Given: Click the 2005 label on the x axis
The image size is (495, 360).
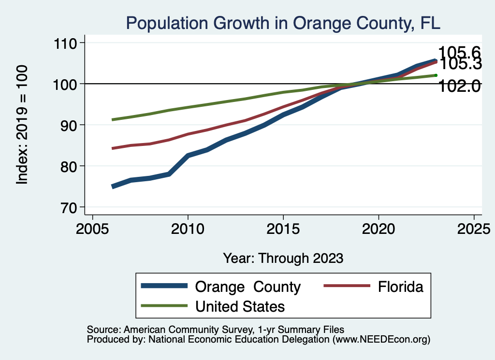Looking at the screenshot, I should (92, 228).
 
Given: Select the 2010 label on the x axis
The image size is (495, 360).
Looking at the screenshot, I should (188, 228).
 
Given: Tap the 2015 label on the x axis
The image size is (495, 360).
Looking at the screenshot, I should (283, 228).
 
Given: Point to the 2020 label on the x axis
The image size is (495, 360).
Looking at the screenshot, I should (378, 228).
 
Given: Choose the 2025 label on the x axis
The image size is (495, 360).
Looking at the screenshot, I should (473, 228).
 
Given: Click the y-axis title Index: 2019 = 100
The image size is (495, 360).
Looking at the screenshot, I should (22, 125).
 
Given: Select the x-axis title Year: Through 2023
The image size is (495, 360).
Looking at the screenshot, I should (283, 258).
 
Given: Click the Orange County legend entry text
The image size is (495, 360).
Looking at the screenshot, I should (247, 287).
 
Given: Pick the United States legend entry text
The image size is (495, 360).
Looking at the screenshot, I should (240, 306).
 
